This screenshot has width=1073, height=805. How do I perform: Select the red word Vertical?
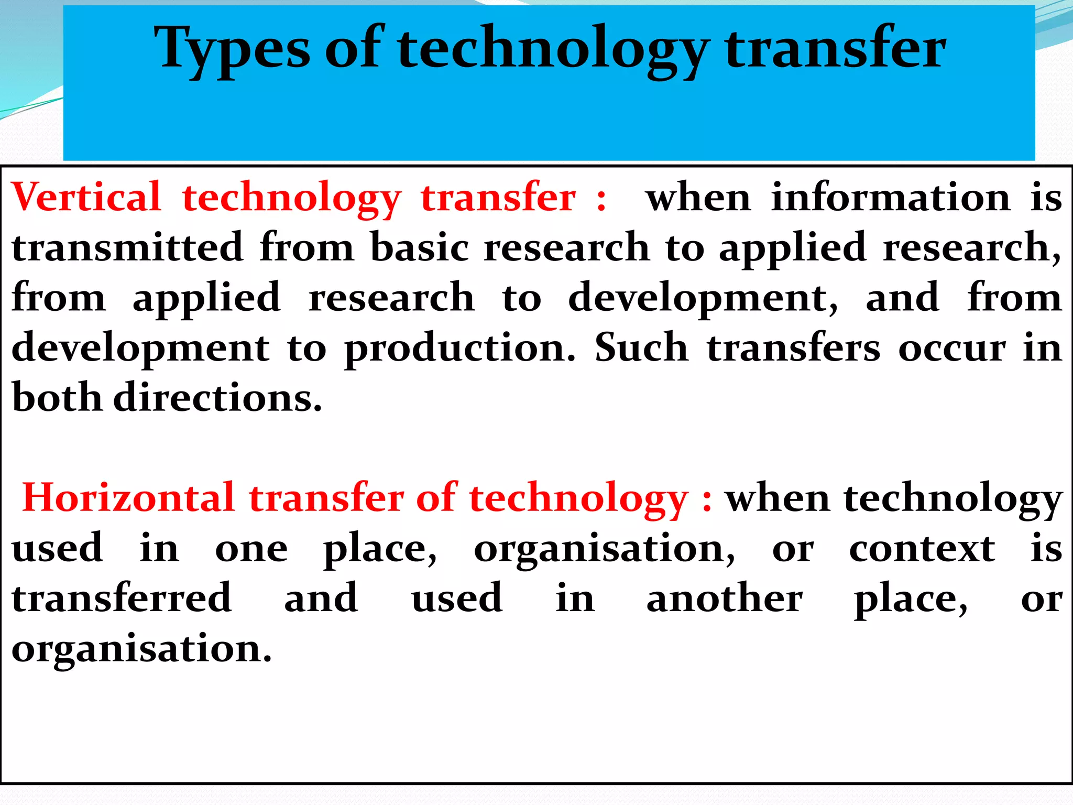tap(86, 197)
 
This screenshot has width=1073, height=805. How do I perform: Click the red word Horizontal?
tap(128, 498)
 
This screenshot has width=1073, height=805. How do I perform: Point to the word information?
tap(891, 197)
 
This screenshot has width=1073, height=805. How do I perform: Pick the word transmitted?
tap(128, 247)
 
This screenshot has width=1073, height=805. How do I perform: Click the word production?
tap(460, 348)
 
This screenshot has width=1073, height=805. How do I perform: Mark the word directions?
tap(217, 397)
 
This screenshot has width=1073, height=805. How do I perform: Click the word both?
tap(57, 397)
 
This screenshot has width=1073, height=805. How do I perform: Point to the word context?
tap(922, 548)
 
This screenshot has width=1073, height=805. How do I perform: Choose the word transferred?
tap(122, 598)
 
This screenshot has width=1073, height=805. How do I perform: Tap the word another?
tap(725, 598)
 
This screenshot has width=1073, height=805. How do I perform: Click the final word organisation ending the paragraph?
tap(141, 649)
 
